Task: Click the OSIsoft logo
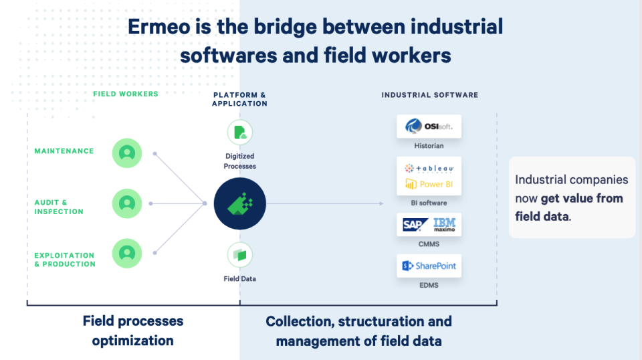coord(429,126)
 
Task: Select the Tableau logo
coord(429,168)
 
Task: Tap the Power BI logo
coord(429,184)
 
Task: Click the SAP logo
coord(415,225)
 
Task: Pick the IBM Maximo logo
coord(444,225)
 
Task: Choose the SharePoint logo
coord(429,266)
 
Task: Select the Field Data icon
coord(240,255)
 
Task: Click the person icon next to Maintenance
coord(127,153)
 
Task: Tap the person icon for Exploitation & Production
coord(127,254)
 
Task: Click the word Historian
coord(429,146)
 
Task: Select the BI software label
coord(429,203)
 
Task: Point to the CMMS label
coord(429,244)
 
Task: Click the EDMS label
coord(429,286)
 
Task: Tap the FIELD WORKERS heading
coord(126,94)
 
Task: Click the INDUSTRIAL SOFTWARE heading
coord(430,95)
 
